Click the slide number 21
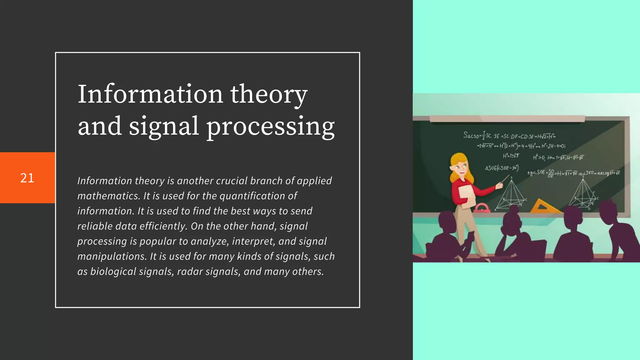click(x=27, y=178)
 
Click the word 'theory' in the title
click(x=269, y=94)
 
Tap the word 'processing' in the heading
click(x=270, y=127)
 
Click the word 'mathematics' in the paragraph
click(x=108, y=196)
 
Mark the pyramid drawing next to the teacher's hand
click(x=511, y=195)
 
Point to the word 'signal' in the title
click(x=164, y=127)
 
